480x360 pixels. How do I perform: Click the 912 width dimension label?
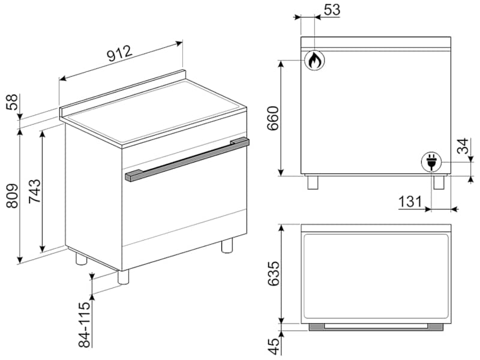pos(119,53)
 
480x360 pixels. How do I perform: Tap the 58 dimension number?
pos(13,102)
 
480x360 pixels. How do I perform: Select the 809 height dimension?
pos(13,196)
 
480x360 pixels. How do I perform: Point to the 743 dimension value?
pos(34,191)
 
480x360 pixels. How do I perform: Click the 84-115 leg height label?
pos(85,325)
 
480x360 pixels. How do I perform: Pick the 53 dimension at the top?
pos(332,10)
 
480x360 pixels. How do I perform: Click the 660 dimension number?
pos(272,118)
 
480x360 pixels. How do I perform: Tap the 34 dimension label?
pos(463,146)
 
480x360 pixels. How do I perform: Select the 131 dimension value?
pos(410,202)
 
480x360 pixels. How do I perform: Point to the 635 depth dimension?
pos(274,274)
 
